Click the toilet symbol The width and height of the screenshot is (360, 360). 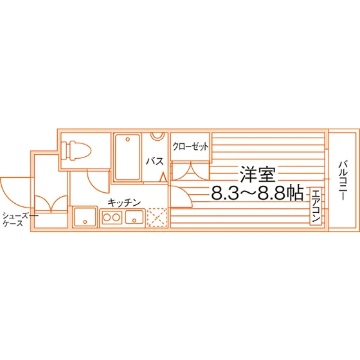(76, 150)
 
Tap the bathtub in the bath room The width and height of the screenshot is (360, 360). (128, 157)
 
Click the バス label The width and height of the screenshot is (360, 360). (155, 161)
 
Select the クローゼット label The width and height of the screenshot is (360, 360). (190, 147)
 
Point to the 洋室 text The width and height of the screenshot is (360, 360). (257, 174)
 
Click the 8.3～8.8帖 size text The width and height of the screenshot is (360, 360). (257, 193)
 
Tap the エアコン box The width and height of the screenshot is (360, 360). (316, 206)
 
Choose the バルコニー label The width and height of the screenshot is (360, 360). (342, 181)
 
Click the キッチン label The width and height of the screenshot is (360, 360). (124, 203)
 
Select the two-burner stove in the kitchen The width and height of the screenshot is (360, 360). (111, 217)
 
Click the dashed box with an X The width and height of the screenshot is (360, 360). (157, 217)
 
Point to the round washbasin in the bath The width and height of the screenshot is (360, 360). (157, 136)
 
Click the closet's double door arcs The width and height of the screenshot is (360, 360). (190, 171)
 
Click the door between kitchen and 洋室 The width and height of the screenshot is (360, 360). (181, 197)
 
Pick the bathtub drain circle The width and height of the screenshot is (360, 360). (128, 139)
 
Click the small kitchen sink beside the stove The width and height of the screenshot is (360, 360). (134, 217)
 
